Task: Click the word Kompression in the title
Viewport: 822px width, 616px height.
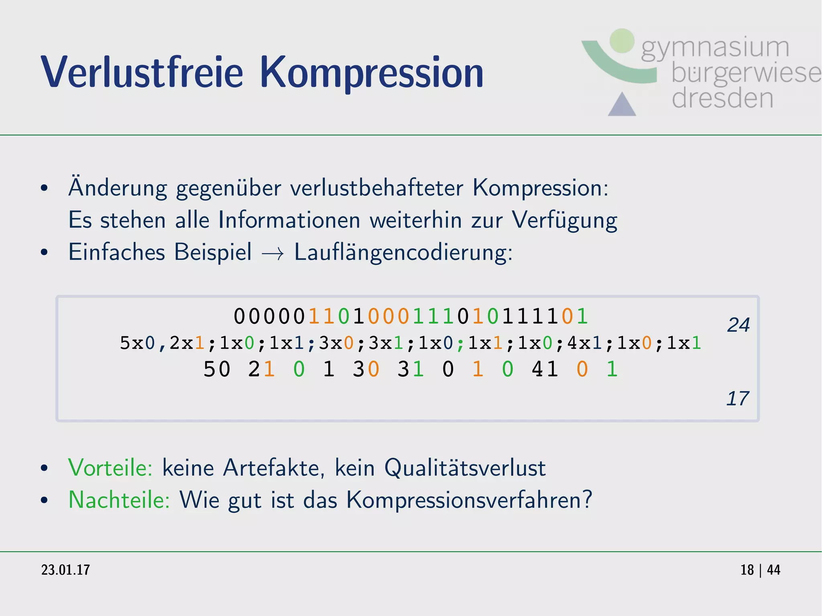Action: click(372, 73)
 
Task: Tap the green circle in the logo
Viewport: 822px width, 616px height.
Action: click(622, 41)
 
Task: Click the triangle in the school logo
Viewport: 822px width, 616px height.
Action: click(622, 104)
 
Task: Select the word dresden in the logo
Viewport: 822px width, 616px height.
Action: click(722, 99)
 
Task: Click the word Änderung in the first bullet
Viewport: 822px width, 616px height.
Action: click(117, 188)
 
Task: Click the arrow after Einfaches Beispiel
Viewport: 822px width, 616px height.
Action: click(273, 254)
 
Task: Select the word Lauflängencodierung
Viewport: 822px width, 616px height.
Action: click(403, 253)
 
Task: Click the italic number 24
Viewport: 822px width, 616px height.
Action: click(738, 325)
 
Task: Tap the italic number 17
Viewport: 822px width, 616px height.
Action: click(737, 398)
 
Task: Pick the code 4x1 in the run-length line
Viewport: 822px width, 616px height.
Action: click(584, 343)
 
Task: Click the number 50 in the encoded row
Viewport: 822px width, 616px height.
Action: click(217, 369)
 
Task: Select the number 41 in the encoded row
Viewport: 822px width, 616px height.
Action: click(545, 369)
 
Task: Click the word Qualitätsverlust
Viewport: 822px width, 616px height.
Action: click(465, 468)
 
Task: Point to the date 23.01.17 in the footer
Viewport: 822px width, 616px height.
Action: click(65, 570)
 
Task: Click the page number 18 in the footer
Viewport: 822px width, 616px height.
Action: click(747, 570)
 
